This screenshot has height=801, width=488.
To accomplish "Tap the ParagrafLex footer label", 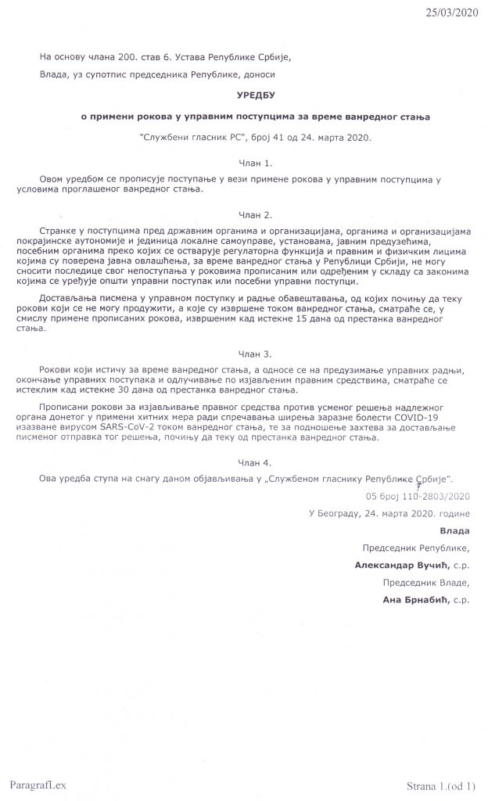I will pos(35,783).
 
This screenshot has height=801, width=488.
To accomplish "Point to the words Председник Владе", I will pos(426,582).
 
